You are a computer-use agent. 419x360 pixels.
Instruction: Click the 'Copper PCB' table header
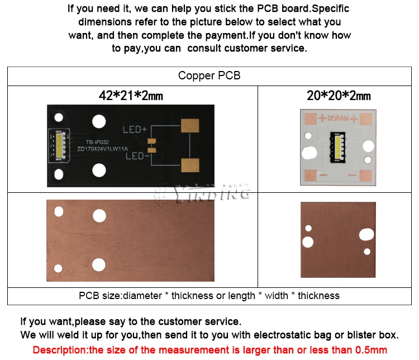point(209,75)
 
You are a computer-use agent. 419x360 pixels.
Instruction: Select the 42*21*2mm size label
point(131,95)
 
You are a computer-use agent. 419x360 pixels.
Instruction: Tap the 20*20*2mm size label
point(339,95)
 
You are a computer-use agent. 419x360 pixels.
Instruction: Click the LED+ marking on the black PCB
point(135,130)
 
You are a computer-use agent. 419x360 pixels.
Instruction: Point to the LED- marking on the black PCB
point(135,156)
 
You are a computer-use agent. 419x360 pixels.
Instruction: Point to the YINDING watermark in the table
point(201,193)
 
